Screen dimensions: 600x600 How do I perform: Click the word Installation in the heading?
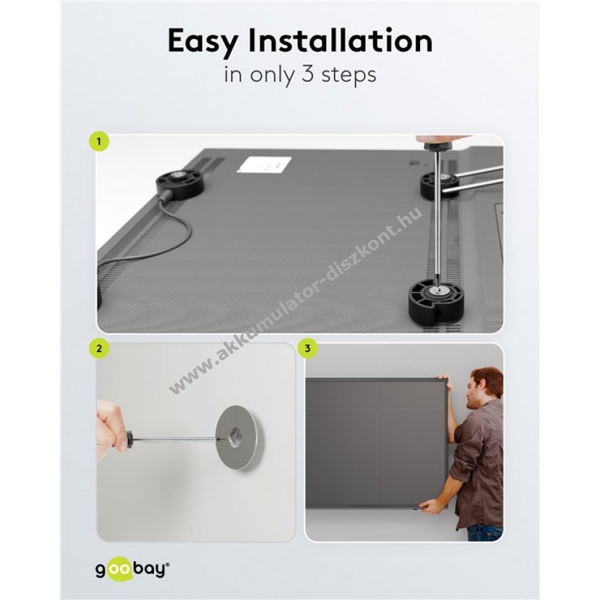[341, 40]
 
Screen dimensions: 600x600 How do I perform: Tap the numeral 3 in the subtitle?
[307, 74]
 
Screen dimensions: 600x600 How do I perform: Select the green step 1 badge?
[99, 141]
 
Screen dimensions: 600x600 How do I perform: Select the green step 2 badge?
[99, 349]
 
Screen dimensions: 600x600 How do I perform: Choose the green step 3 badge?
[307, 349]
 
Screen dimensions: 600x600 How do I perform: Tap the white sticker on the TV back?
[263, 165]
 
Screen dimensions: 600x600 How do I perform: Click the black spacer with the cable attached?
[180, 184]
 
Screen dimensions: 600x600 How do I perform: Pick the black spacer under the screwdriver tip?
[436, 301]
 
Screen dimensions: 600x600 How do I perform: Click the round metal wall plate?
[240, 437]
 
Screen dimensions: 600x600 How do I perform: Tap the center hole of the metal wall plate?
[234, 437]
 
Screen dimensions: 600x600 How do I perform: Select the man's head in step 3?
[484, 387]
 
